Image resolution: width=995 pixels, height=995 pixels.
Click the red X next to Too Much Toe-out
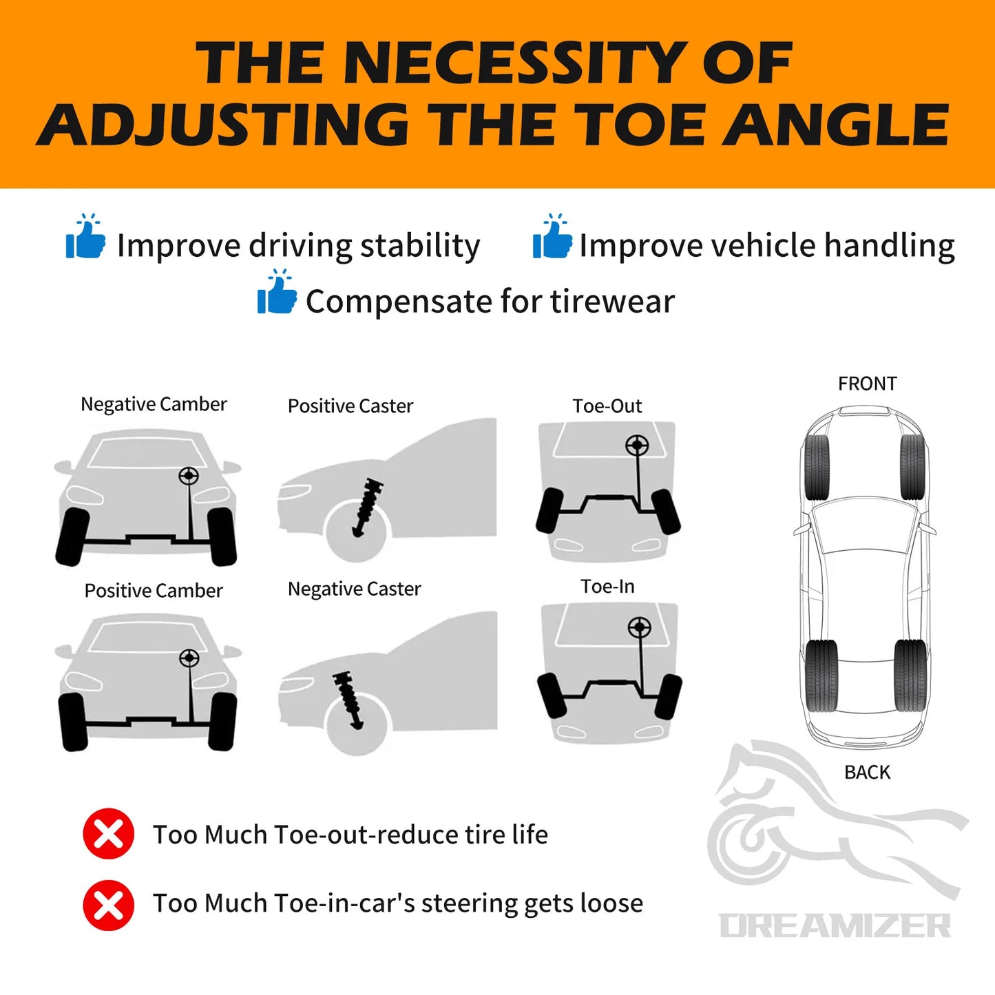[x=108, y=833]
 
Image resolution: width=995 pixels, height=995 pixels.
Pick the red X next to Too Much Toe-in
[x=108, y=905]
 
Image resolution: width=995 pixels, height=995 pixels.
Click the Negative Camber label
[x=154, y=404]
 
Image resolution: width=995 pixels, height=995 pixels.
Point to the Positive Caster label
[x=350, y=406]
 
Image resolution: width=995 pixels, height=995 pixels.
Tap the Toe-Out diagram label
[x=607, y=406]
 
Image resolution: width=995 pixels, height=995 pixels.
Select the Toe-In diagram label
[x=608, y=586]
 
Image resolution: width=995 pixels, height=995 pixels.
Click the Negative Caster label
[x=354, y=589]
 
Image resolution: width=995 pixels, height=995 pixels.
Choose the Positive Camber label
[x=154, y=590]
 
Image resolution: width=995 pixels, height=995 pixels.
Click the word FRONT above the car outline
[x=868, y=384]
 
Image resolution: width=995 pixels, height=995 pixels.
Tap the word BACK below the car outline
[x=868, y=773]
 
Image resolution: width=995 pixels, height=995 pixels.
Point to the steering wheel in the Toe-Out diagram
[x=637, y=444]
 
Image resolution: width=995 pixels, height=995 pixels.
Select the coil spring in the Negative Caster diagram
[x=348, y=701]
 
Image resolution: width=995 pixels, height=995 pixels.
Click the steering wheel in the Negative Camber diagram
[x=189, y=476]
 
